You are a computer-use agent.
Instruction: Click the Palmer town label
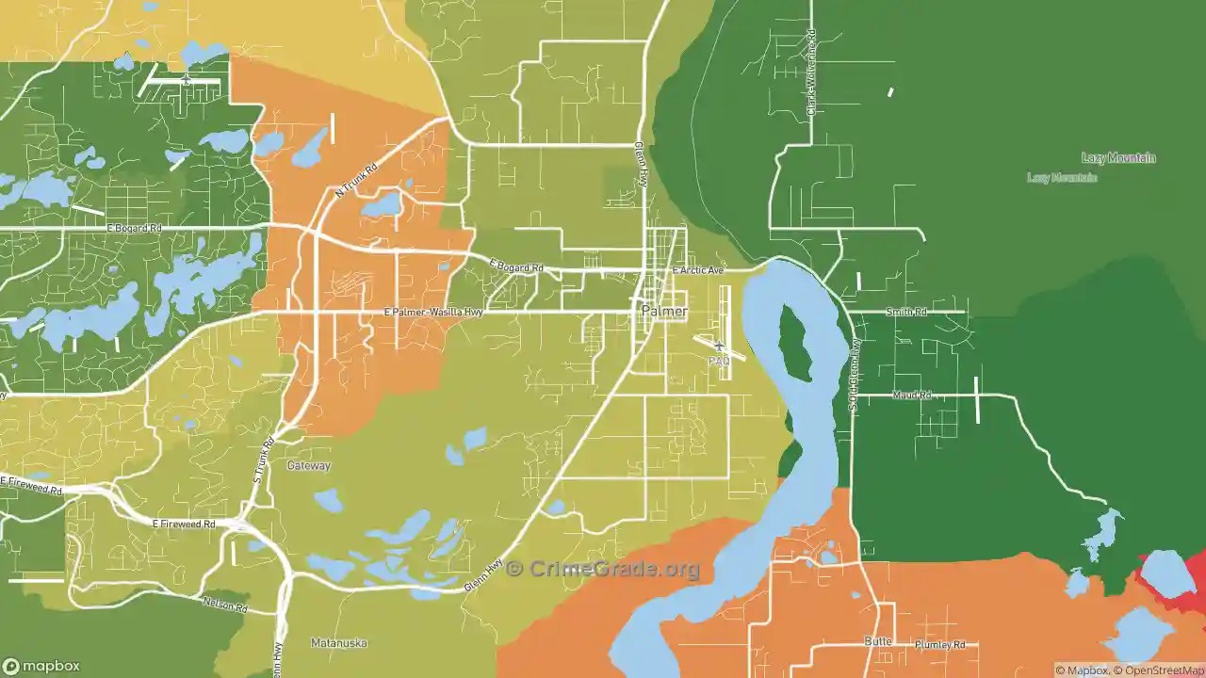(664, 311)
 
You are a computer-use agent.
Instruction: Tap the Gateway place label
(309, 465)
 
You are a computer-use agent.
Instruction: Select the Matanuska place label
(339, 643)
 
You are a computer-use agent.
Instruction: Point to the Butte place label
(878, 640)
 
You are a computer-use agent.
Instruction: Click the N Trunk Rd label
(356, 180)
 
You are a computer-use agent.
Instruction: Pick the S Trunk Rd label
(263, 460)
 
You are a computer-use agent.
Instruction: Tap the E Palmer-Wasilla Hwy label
(433, 312)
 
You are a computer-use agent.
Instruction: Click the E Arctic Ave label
(698, 270)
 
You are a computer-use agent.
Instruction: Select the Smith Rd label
(906, 312)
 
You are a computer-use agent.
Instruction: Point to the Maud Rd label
(911, 395)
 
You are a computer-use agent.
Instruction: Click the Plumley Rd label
(940, 645)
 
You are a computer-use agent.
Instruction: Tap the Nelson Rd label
(225, 604)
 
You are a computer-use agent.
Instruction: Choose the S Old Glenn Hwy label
(855, 375)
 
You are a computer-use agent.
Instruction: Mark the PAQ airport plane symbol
(719, 347)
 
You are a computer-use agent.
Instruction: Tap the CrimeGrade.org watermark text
(604, 569)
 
